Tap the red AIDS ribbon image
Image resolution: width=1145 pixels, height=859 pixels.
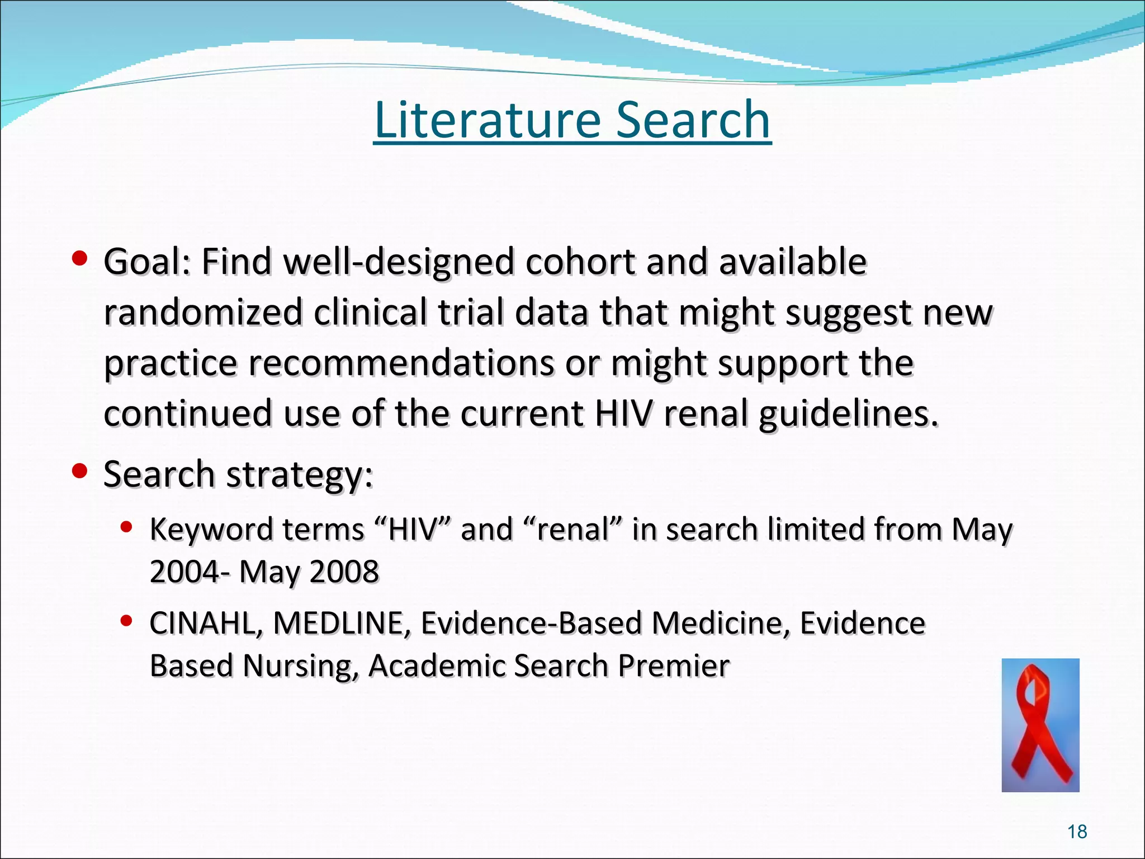1040,725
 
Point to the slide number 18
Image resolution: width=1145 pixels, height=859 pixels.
1077,832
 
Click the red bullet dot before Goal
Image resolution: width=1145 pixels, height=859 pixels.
80,258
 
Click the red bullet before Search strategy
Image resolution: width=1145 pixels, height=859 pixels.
80,471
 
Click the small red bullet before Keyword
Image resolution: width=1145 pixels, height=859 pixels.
126,527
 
